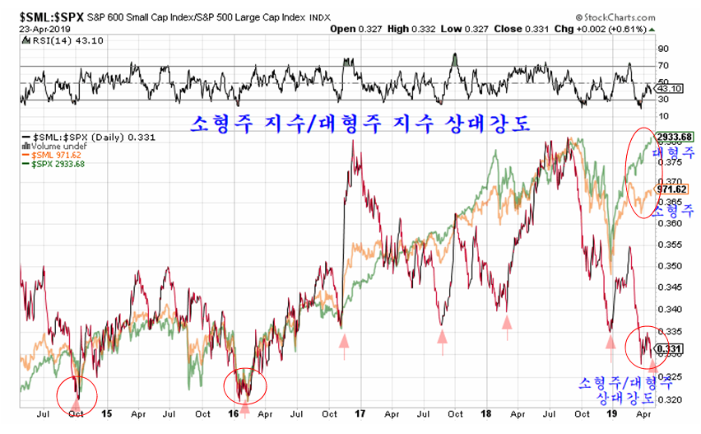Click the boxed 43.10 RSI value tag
coord(671,88)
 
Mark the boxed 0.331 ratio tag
coord(670,349)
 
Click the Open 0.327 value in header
coord(354,29)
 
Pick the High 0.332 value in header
coord(409,29)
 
